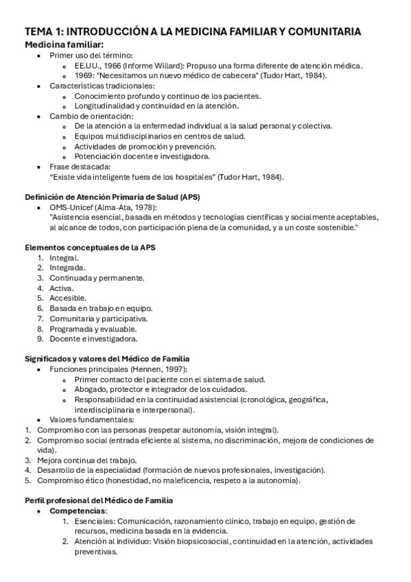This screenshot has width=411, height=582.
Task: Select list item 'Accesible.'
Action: click(x=67, y=298)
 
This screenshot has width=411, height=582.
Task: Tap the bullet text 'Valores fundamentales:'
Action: click(x=91, y=420)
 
